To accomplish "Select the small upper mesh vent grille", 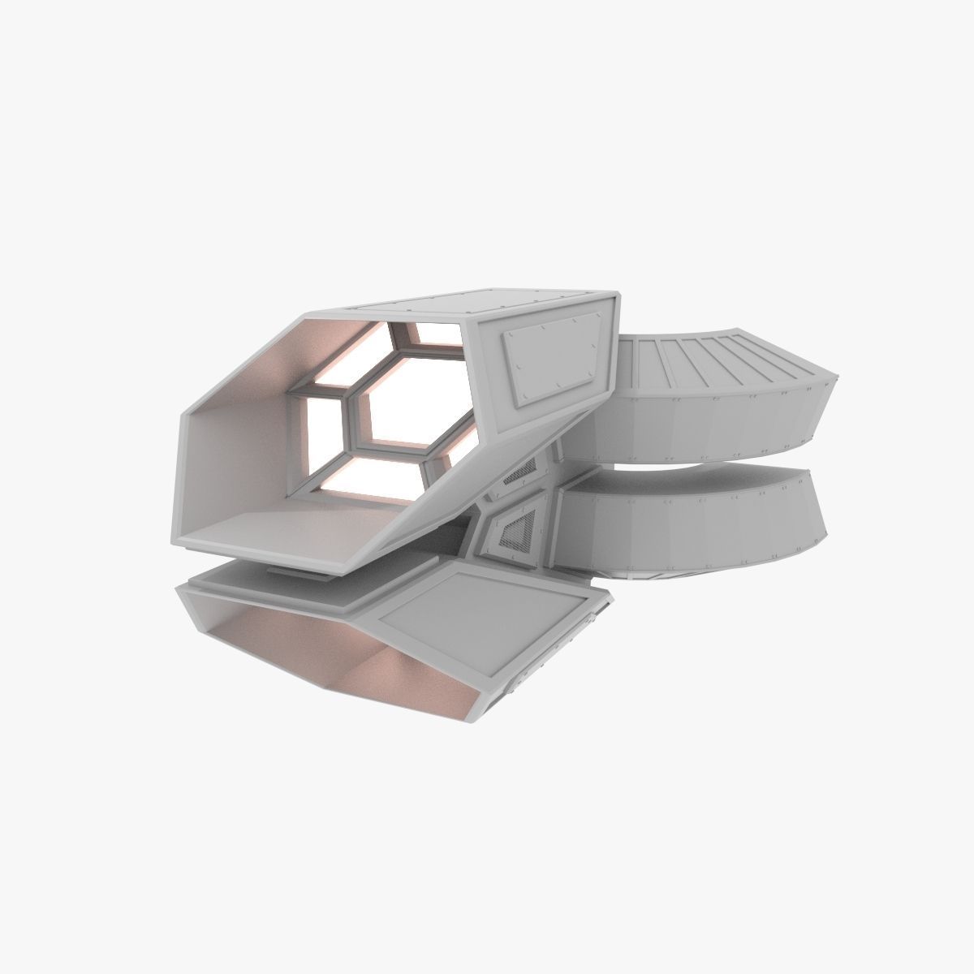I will pyautogui.click(x=519, y=471).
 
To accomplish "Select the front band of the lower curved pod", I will pyautogui.click(x=690, y=528).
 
